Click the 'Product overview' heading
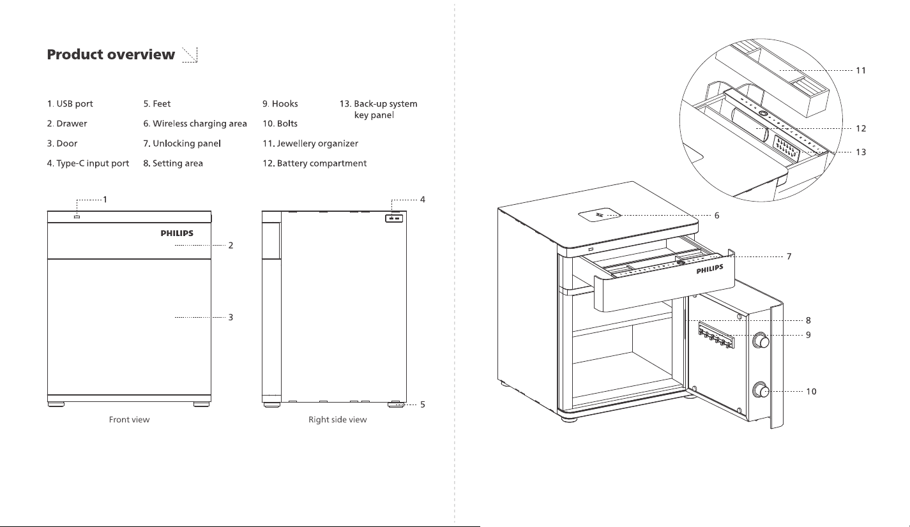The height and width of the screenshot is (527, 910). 111,54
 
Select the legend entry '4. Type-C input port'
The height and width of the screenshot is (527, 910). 87,163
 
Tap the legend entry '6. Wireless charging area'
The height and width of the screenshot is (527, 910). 195,123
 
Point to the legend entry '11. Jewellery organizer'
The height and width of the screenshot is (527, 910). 310,144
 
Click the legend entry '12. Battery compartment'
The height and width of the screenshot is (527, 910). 314,163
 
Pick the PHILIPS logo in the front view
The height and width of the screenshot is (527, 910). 177,233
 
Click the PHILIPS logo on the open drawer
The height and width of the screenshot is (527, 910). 709,269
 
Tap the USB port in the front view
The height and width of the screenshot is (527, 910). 77,217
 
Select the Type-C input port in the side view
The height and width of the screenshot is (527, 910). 394,218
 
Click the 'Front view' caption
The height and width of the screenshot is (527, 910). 129,419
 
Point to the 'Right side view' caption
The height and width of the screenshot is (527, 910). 338,419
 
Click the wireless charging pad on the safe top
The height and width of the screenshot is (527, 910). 600,215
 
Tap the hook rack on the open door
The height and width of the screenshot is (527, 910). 717,336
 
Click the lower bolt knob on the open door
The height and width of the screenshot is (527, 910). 761,390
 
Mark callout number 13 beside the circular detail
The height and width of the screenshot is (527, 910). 861,152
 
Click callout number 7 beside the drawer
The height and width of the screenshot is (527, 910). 789,256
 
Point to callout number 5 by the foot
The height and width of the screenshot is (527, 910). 423,405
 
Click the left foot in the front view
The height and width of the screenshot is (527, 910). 56,405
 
